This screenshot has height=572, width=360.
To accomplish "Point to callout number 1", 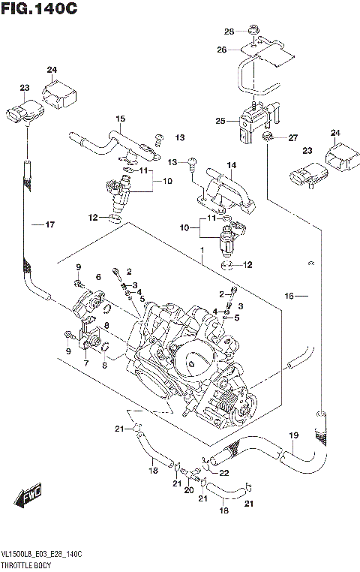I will pyautogui.click(x=201, y=250).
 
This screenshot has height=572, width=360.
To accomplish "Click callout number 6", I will pyautogui.click(x=97, y=277).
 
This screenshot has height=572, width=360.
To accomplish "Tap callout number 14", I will pyautogui.click(x=232, y=165).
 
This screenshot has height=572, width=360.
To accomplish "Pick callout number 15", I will pyautogui.click(x=119, y=119).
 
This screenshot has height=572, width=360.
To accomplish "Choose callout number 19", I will pyautogui.click(x=294, y=435).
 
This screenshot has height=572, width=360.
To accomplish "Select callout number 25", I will pyautogui.click(x=220, y=120).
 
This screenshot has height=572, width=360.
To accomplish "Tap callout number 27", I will pyautogui.click(x=293, y=137).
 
